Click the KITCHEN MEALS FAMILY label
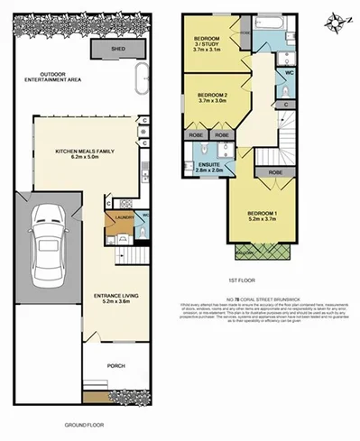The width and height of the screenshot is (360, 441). (x=88, y=153)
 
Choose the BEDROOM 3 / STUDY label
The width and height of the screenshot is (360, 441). (x=214, y=41)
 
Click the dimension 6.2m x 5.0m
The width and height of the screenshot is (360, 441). (x=88, y=160)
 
